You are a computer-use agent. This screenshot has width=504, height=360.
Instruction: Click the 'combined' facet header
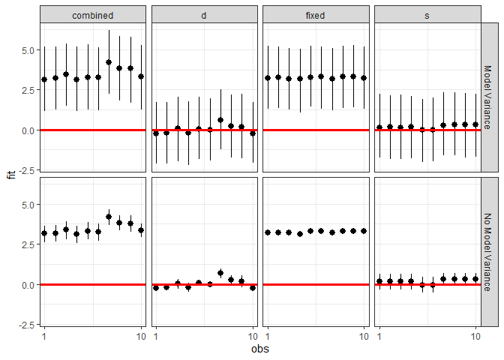(x=93, y=15)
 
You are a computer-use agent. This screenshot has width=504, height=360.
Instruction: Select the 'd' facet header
(x=204, y=15)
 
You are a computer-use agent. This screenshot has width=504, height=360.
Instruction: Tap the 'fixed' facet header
(x=316, y=15)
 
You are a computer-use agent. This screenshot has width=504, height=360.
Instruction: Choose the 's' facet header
(x=427, y=15)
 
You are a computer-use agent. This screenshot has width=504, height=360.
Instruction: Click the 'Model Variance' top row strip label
(x=489, y=97)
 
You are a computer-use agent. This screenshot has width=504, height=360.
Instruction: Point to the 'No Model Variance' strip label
(x=489, y=251)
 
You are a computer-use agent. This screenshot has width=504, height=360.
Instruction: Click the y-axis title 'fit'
(x=10, y=175)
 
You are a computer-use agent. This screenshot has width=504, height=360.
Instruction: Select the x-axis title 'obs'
(x=259, y=349)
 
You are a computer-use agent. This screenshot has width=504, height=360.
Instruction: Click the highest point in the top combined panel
(x=109, y=62)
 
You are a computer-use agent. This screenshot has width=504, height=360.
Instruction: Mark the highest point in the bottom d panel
(x=220, y=273)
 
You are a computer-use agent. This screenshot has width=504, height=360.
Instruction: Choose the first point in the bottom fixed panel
(x=268, y=232)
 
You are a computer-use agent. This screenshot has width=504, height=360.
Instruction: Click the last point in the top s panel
(x=475, y=124)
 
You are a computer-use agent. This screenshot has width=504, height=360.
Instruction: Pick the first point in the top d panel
(x=156, y=133)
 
